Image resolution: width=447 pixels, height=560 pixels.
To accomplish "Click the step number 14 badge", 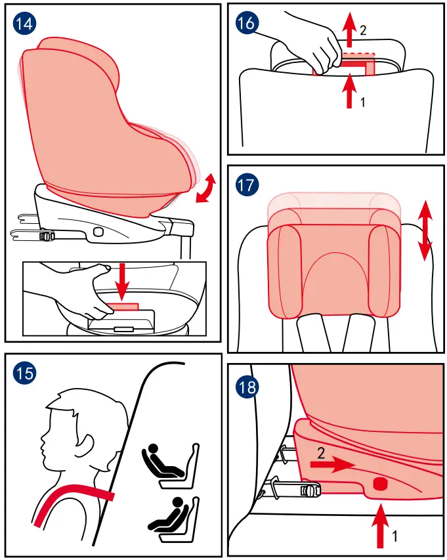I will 25,24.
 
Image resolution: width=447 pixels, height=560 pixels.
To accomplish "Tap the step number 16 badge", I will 245,24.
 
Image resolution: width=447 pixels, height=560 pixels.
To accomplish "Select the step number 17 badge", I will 245,184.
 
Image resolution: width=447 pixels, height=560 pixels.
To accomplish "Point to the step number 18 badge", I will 245,387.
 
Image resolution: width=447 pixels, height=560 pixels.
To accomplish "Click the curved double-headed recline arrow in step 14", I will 207,188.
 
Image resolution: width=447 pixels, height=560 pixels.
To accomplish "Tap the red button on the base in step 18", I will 381,484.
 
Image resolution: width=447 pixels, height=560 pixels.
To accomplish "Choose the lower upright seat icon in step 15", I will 170,515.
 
